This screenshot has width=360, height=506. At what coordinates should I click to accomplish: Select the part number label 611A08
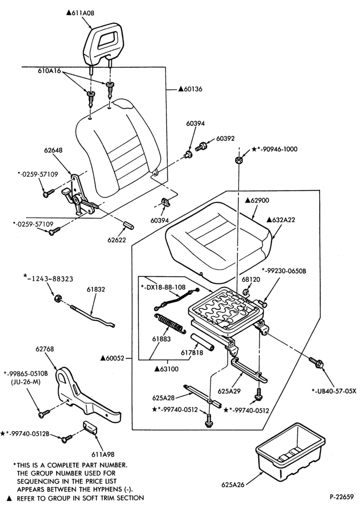pyautogui.click(x=80, y=13)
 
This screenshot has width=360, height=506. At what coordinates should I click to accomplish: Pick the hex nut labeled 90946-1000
pyautogui.click(x=239, y=160)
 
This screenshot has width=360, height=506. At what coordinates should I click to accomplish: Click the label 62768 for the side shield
pyautogui.click(x=45, y=349)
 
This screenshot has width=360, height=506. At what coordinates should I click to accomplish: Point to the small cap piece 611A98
pyautogui.click(x=89, y=428)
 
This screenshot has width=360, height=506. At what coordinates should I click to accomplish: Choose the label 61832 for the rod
pyautogui.click(x=96, y=289)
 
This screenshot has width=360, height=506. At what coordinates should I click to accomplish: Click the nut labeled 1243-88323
pyautogui.click(x=58, y=298)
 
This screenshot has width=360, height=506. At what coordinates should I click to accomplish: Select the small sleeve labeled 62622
pyautogui.click(x=129, y=225)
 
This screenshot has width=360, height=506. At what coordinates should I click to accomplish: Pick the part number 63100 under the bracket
pyautogui.click(x=166, y=369)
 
